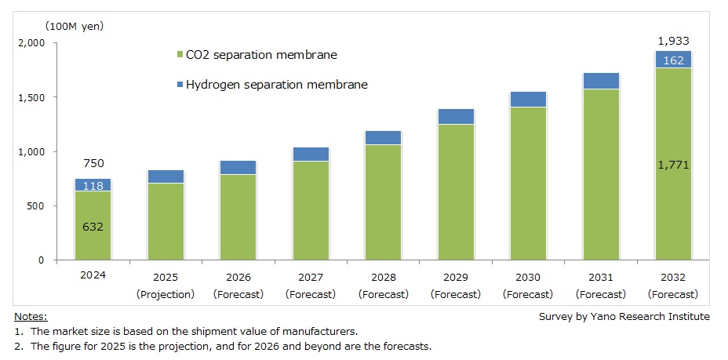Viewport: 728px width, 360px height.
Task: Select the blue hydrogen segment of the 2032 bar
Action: tap(673, 60)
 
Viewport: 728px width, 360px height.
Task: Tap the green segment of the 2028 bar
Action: tap(383, 202)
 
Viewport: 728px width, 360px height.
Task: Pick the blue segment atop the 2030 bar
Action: tap(528, 99)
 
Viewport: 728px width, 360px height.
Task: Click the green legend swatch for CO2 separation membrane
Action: tap(180, 56)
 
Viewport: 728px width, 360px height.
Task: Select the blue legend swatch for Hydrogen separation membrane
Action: tap(180, 85)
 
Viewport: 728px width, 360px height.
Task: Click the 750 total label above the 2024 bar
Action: tap(93, 164)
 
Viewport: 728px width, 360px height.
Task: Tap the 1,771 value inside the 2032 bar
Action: tap(673, 165)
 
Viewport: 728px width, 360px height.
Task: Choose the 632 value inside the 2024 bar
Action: tap(93, 227)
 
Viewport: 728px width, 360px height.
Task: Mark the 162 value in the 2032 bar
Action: tap(673, 60)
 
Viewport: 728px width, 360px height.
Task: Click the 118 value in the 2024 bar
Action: tap(93, 185)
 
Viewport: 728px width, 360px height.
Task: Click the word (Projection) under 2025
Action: tap(166, 294)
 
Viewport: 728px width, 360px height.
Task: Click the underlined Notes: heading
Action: tap(31, 317)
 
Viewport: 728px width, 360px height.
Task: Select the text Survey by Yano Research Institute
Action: tap(624, 317)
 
